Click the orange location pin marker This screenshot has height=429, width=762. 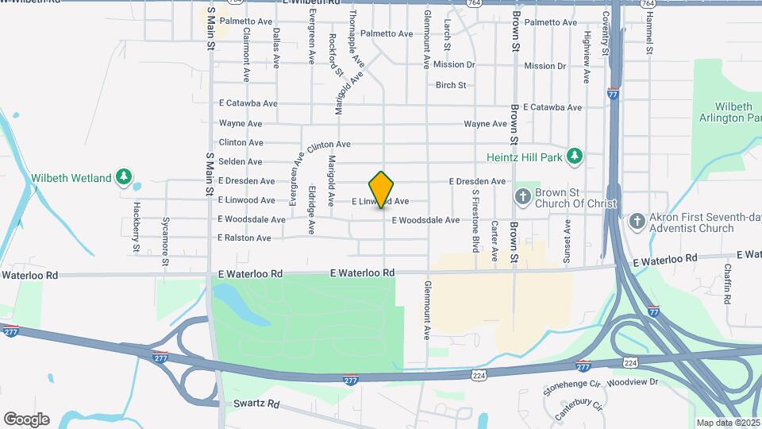(382, 189)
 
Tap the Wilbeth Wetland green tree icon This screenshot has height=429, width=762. (123, 176)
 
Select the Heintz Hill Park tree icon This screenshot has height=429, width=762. (576, 157)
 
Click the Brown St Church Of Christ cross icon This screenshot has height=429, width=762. (522, 195)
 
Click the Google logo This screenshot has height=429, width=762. (26, 419)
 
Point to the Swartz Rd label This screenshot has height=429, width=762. (257, 404)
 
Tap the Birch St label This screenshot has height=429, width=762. (450, 85)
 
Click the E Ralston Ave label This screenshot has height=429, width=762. (244, 238)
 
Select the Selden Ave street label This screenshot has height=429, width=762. (240, 161)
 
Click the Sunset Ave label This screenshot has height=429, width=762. (567, 240)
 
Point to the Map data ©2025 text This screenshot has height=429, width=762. (726, 423)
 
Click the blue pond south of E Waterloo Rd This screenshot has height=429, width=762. (234, 306)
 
